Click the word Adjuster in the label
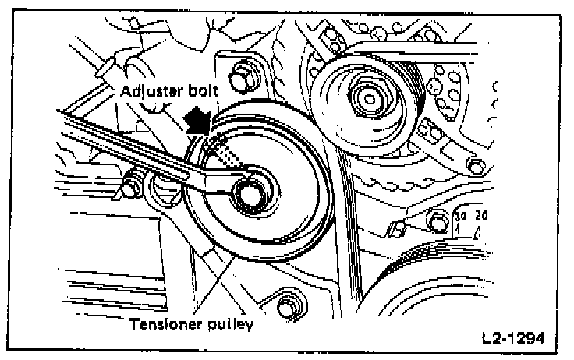click(x=151, y=91)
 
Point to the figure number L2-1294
click(x=512, y=340)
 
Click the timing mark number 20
click(x=480, y=216)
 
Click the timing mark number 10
click(x=459, y=216)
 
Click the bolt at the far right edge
click(x=472, y=165)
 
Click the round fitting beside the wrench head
click(x=165, y=188)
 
